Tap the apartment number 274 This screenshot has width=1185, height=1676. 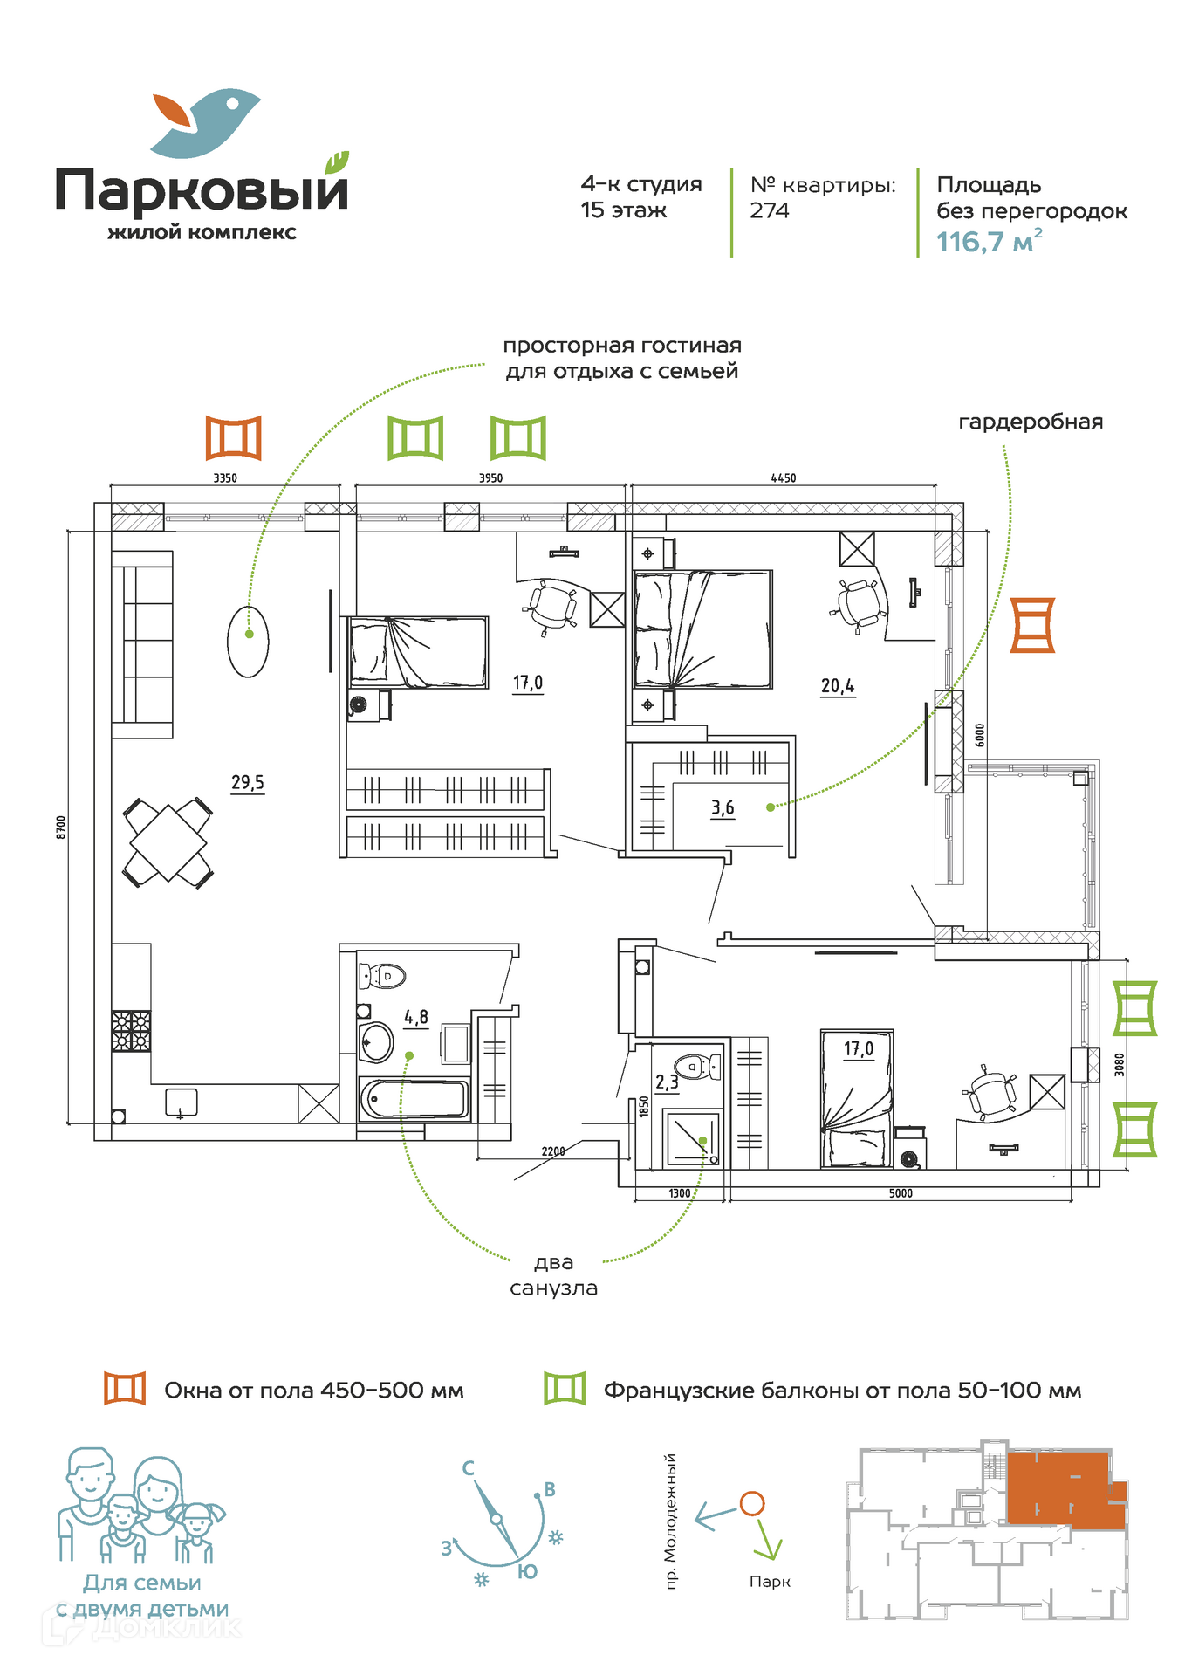click(x=770, y=210)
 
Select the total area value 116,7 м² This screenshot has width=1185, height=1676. click(x=989, y=242)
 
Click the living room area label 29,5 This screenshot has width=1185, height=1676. click(x=247, y=782)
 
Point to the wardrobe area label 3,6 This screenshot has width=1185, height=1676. click(x=723, y=807)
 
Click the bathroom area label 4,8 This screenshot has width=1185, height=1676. click(x=416, y=1017)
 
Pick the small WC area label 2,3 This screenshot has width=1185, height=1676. click(x=667, y=1082)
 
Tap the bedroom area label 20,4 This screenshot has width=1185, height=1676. click(x=837, y=686)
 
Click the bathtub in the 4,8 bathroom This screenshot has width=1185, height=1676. click(x=414, y=1099)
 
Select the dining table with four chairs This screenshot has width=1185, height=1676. click(x=168, y=842)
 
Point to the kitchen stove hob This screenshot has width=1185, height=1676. click(x=131, y=1030)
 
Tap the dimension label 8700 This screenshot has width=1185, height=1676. click(x=61, y=827)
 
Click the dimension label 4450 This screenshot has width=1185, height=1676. click(x=783, y=478)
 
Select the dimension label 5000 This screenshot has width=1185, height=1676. click(x=901, y=1193)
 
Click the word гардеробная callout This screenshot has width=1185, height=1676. click(x=1031, y=422)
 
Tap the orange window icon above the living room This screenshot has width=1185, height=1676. click(x=234, y=437)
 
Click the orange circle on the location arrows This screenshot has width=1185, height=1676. click(x=752, y=1503)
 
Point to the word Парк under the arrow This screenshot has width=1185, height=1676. click(x=770, y=1582)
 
